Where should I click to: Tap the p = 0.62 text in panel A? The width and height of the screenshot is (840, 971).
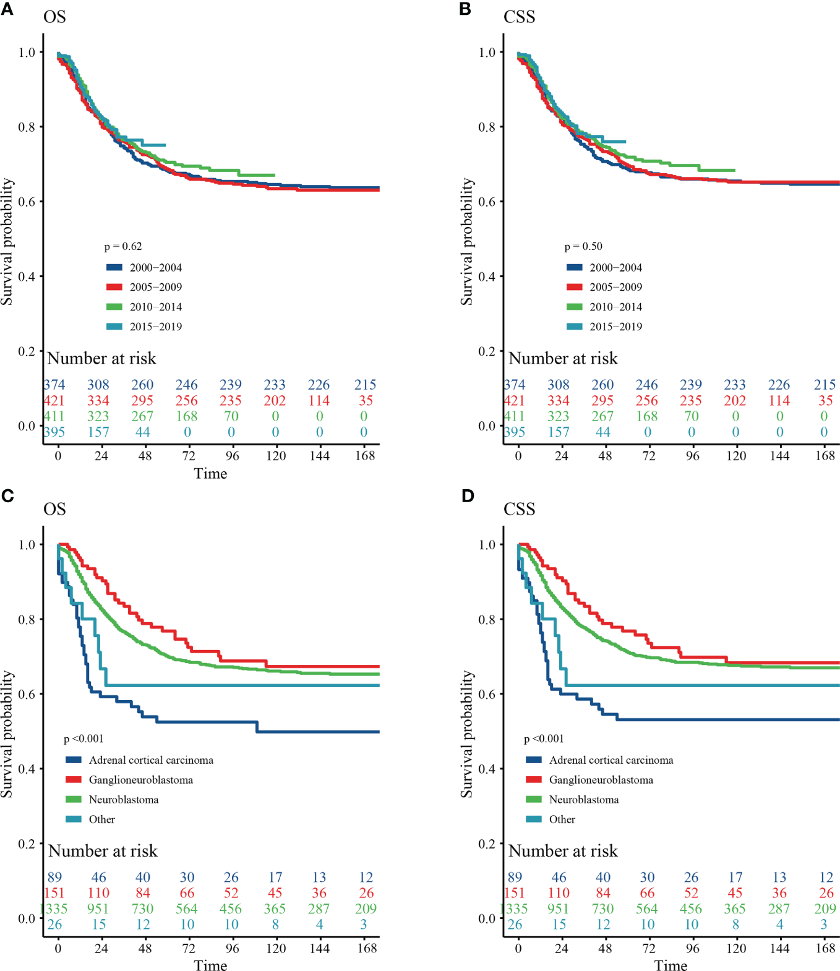click(x=123, y=246)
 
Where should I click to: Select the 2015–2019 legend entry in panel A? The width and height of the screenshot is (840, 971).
click(x=155, y=327)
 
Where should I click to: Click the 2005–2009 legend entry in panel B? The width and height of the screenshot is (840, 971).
click(x=615, y=287)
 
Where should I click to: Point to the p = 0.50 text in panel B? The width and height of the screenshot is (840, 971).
click(x=583, y=246)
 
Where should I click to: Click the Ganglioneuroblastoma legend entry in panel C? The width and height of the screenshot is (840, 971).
click(x=140, y=780)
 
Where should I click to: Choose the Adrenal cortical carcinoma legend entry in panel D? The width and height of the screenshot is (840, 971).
click(x=611, y=760)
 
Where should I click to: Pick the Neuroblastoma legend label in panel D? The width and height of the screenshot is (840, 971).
click(x=583, y=800)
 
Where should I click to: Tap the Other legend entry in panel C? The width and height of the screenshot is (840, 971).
click(x=101, y=819)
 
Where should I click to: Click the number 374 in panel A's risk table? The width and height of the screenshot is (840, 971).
click(x=54, y=385)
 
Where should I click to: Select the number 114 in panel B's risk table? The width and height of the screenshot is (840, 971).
click(x=779, y=401)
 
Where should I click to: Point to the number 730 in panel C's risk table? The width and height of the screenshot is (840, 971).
click(x=143, y=909)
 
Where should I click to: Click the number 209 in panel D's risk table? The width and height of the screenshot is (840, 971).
click(x=825, y=909)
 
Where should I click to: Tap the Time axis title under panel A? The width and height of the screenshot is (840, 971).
click(x=210, y=474)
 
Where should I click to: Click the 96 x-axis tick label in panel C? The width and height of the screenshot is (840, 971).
click(x=232, y=948)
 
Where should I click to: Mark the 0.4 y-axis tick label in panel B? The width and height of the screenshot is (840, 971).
click(x=487, y=276)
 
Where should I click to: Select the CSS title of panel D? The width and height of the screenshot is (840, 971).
click(x=519, y=509)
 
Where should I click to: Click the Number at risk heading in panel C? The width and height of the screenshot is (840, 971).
click(x=103, y=851)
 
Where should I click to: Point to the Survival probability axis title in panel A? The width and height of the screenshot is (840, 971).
click(x=7, y=241)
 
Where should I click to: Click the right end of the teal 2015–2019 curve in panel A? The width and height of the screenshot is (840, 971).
click(x=165, y=145)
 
